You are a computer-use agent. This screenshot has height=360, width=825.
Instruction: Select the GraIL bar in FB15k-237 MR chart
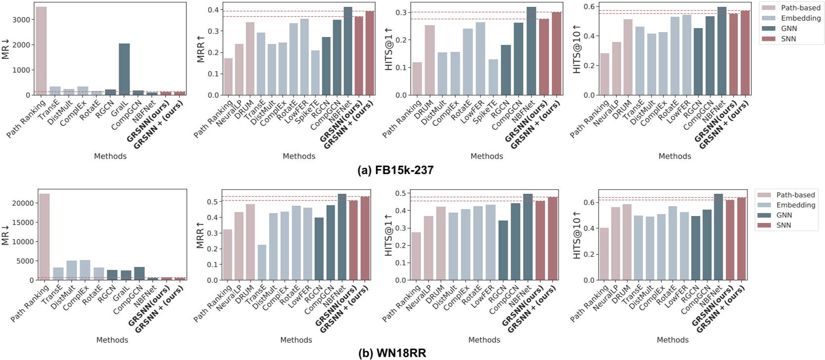(x=124, y=69)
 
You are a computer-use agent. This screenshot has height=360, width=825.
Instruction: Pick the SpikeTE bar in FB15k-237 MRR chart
(x=315, y=73)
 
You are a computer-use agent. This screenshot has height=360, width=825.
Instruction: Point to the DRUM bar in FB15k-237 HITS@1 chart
(x=430, y=60)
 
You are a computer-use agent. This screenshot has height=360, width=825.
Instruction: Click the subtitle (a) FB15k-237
(x=395, y=171)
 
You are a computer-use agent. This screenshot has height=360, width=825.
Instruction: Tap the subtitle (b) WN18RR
(x=392, y=354)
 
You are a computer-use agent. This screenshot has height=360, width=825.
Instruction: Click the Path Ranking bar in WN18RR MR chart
(x=43, y=237)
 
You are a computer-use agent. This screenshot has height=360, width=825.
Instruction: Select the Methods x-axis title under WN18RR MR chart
(x=112, y=340)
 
